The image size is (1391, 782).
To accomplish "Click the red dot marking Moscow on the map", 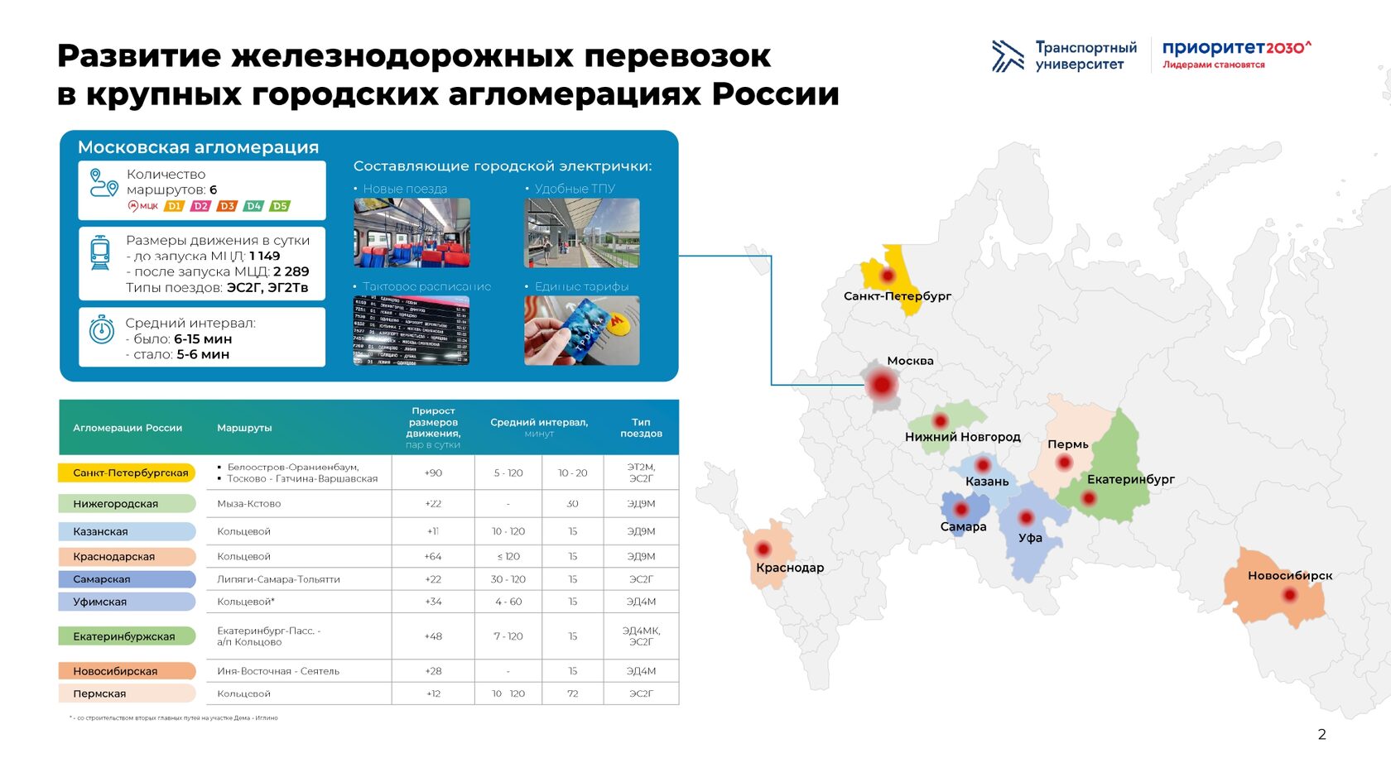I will pyautogui.click(x=883, y=385).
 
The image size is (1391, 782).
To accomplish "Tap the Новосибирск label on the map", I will pyautogui.click(x=1289, y=575).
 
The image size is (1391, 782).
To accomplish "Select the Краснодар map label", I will pyautogui.click(x=789, y=568).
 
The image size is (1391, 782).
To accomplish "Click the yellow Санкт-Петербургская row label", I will pyautogui.click(x=128, y=473).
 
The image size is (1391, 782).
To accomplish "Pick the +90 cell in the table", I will pyautogui.click(x=433, y=473).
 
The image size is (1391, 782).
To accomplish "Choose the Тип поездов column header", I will pyautogui.click(x=641, y=428).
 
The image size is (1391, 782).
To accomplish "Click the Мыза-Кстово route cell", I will pyautogui.click(x=249, y=503).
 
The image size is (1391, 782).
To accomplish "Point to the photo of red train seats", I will pyautogui.click(x=412, y=233).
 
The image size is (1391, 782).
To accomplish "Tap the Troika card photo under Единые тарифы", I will pyautogui.click(x=581, y=330).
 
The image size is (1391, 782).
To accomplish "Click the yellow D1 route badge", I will pyautogui.click(x=174, y=206).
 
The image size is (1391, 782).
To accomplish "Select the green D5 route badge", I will pyautogui.click(x=280, y=206).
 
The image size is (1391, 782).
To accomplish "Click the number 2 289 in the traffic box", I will pyautogui.click(x=291, y=271).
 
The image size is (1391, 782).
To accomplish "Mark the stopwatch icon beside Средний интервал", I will pyautogui.click(x=101, y=329).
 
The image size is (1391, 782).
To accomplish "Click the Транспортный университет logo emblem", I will pyautogui.click(x=1007, y=55).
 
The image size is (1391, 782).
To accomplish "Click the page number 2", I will pyautogui.click(x=1321, y=734).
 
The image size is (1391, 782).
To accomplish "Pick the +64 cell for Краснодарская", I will pyautogui.click(x=433, y=556).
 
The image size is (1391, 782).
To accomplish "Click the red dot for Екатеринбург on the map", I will pyautogui.click(x=1089, y=498).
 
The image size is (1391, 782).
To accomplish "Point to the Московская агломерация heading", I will pyautogui.click(x=198, y=147).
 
